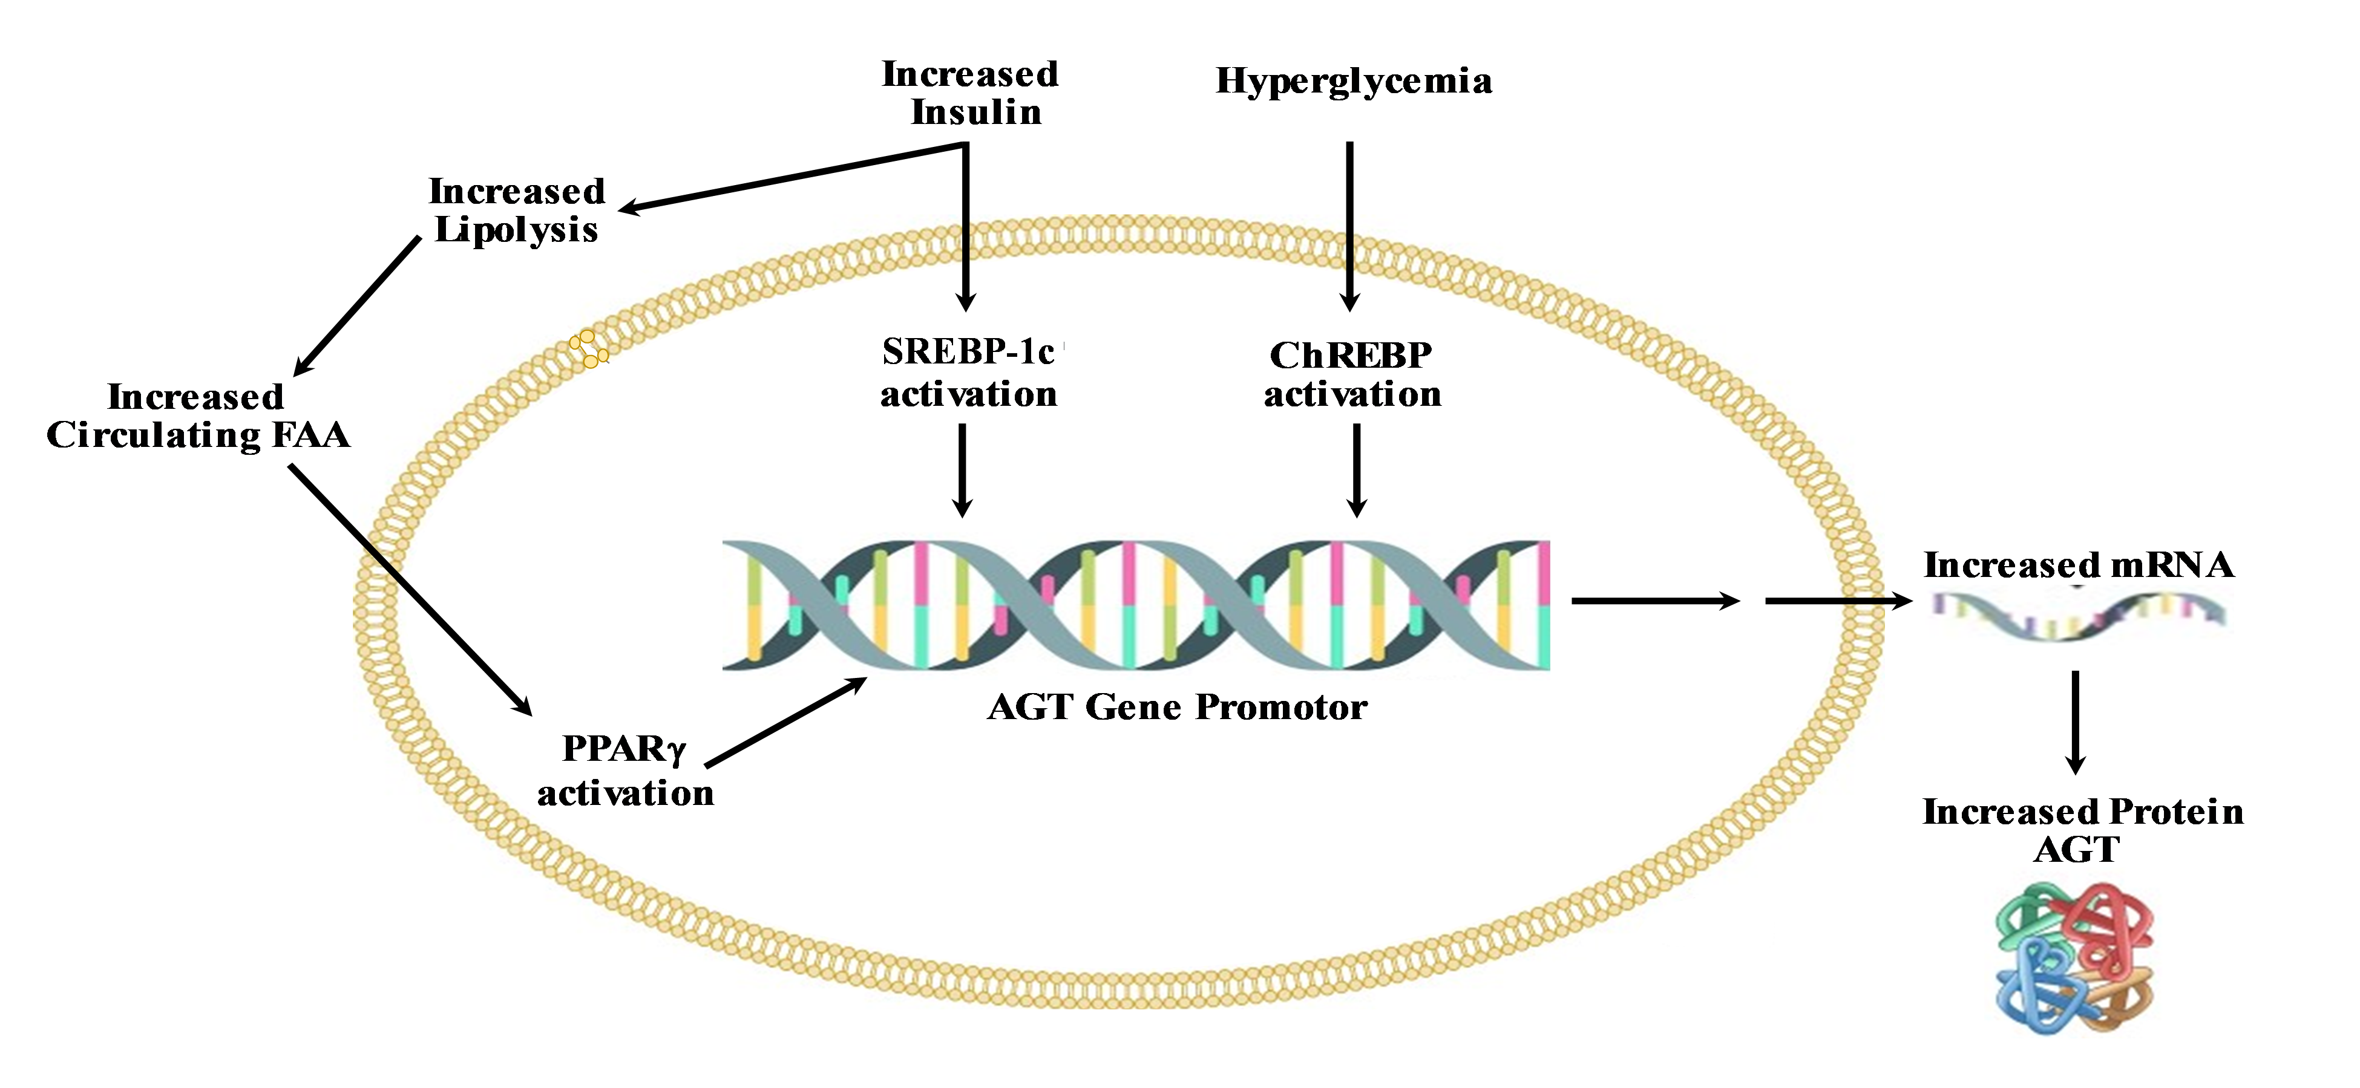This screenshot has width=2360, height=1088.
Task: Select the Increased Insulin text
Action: (x=970, y=93)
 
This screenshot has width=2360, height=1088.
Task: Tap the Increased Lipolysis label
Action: (x=517, y=210)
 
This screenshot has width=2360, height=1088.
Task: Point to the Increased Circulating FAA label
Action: (x=198, y=415)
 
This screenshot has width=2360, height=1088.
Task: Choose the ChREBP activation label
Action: (x=1352, y=374)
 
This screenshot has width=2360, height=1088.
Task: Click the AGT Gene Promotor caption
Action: (x=1176, y=707)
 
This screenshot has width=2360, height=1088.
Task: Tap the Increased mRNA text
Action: (x=2078, y=565)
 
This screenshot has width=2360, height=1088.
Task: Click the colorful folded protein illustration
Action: (x=2075, y=957)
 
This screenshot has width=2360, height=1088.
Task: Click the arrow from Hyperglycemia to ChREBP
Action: (x=1349, y=224)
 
